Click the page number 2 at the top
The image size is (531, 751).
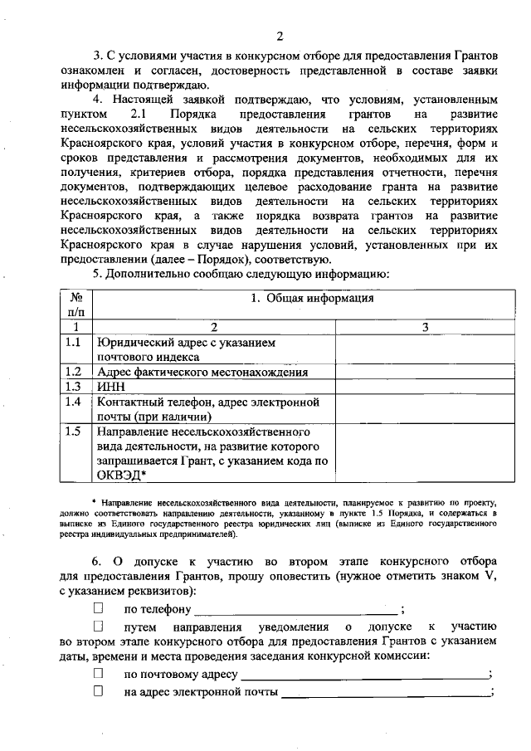[280, 36]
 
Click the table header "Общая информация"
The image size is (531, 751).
[311, 298]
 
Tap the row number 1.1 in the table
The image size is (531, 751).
[73, 342]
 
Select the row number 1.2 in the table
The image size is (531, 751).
[73, 372]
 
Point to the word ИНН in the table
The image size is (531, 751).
[110, 387]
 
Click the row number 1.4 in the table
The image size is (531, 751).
[73, 402]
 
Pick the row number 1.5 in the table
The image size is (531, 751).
[73, 432]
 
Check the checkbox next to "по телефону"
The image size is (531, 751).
[99, 609]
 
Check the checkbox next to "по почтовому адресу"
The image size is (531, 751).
[99, 673]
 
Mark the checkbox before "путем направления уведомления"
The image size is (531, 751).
[99, 626]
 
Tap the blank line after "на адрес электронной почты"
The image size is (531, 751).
[385, 693]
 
